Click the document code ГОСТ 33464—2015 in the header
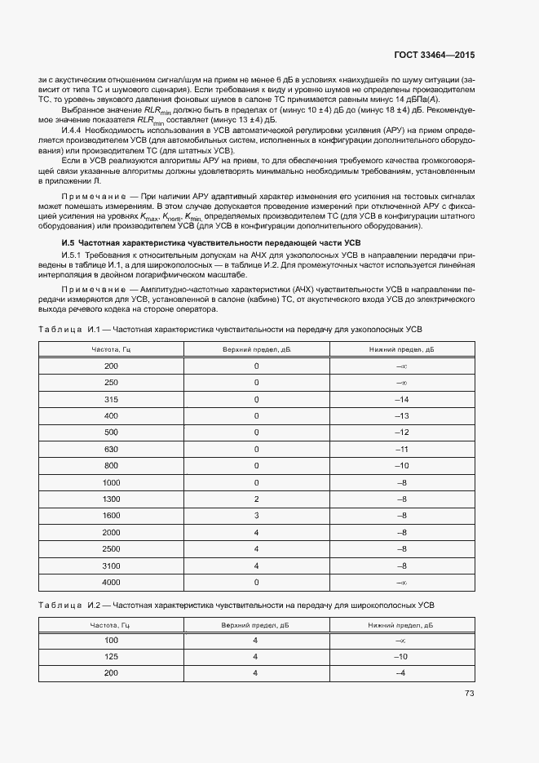coord(434,55)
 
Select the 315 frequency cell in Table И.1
coord(112,399)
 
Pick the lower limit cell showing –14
coord(401,399)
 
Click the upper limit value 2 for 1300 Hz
coord(256,498)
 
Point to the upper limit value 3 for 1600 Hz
coord(256,516)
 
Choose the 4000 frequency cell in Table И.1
coord(112,583)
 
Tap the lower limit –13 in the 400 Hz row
coord(401,416)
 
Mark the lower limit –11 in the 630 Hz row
coord(401,450)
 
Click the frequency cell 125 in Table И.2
coord(112,656)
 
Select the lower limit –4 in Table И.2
coord(400,672)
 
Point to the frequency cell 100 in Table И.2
coord(112,641)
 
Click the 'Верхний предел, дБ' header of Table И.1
coord(256,349)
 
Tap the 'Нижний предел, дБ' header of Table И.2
coord(400,624)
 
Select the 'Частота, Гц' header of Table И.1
coord(112,349)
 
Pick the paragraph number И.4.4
coord(76,131)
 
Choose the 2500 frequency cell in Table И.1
coord(112,549)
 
